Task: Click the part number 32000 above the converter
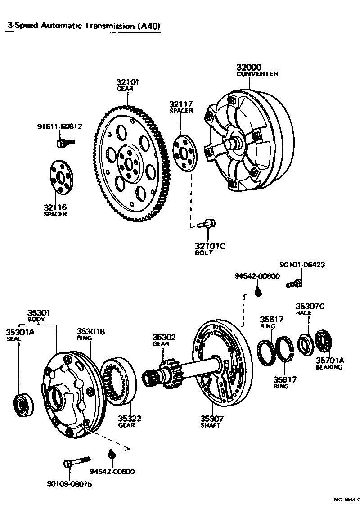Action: pyautogui.click(x=249, y=68)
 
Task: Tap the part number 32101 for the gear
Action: pyautogui.click(x=128, y=82)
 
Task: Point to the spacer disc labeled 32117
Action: pyautogui.click(x=185, y=153)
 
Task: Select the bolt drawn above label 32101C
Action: pyautogui.click(x=209, y=222)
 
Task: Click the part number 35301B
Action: pyautogui.click(x=90, y=331)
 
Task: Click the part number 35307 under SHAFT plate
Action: pyautogui.click(x=211, y=419)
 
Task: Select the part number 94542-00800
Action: pyautogui.click(x=112, y=471)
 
